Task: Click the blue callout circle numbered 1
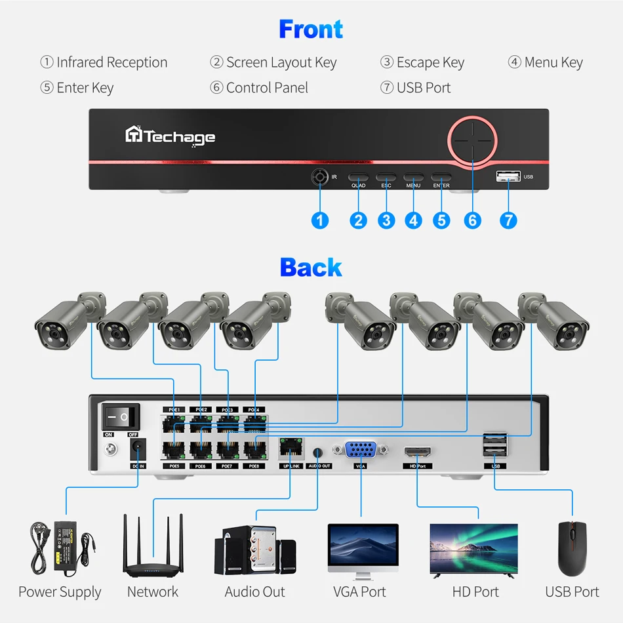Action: pyautogui.click(x=319, y=220)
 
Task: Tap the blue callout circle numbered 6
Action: pyautogui.click(x=472, y=220)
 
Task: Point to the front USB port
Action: pyautogui.click(x=508, y=176)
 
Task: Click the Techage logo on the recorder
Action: pyautogui.click(x=170, y=136)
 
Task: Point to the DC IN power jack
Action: pyautogui.click(x=138, y=450)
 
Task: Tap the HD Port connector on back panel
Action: pyautogui.click(x=416, y=452)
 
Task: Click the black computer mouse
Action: pyautogui.click(x=572, y=548)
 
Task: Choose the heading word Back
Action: pyautogui.click(x=311, y=268)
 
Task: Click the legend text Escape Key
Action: pyautogui.click(x=430, y=63)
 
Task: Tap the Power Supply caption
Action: pyautogui.click(x=60, y=592)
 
